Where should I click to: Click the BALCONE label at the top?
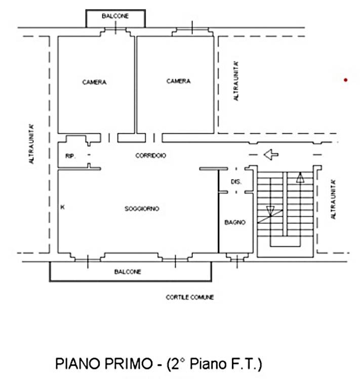pos(115,16)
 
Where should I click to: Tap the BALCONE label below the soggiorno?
pos(128,272)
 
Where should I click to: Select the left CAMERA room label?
pos(94,82)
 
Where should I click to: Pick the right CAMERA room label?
pos(178,81)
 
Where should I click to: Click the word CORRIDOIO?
pos(150,156)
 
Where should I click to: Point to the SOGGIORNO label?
pos(142,208)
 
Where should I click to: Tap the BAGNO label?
pos(235,222)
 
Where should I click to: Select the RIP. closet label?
pos(70,156)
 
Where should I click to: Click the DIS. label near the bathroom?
pos(235,182)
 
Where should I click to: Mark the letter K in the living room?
pos(62,207)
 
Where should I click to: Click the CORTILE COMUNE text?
pos(190,298)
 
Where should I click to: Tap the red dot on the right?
pos(345,79)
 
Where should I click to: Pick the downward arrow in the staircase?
pos(270,210)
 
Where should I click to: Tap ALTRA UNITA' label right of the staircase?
pos(333,199)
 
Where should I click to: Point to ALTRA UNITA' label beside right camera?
pos(236,81)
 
